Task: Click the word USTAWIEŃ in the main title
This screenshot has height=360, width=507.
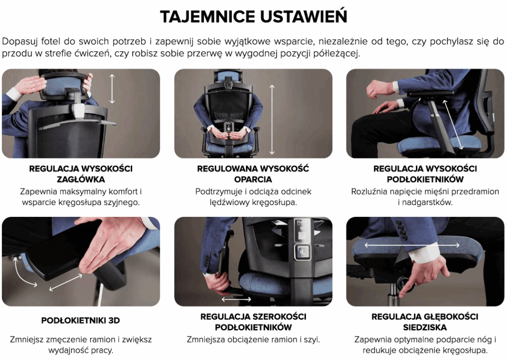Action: [304, 16]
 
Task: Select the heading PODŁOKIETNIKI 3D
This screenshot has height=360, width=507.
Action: [81, 320]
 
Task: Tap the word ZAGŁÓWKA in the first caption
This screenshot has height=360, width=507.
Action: [81, 179]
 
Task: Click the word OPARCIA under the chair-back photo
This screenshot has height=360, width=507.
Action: [253, 179]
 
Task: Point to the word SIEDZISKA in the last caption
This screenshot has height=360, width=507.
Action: [425, 327]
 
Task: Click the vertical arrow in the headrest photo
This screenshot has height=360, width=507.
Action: [112, 89]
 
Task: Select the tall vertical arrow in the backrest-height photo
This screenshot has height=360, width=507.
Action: [272, 119]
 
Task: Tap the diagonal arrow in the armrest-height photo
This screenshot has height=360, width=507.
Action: [453, 125]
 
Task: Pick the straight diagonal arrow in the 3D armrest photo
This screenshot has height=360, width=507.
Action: [66, 282]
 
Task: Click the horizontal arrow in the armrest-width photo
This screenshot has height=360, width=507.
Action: [236, 300]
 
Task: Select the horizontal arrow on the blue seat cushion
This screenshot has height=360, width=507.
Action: [412, 245]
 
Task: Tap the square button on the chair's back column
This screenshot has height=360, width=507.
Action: [303, 252]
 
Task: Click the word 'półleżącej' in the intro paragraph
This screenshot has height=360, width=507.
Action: [337, 53]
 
